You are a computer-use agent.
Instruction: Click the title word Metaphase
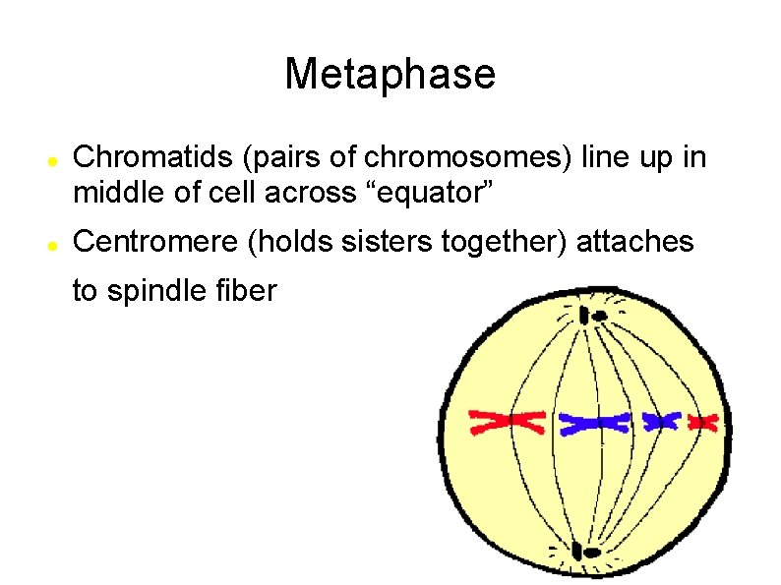tap(390, 74)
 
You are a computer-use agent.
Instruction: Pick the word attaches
tap(635, 242)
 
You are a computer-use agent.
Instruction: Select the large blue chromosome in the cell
tap(594, 423)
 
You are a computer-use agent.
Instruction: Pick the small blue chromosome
tap(661, 421)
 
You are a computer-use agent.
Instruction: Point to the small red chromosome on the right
tap(702, 422)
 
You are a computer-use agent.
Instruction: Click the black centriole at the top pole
tap(592, 316)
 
